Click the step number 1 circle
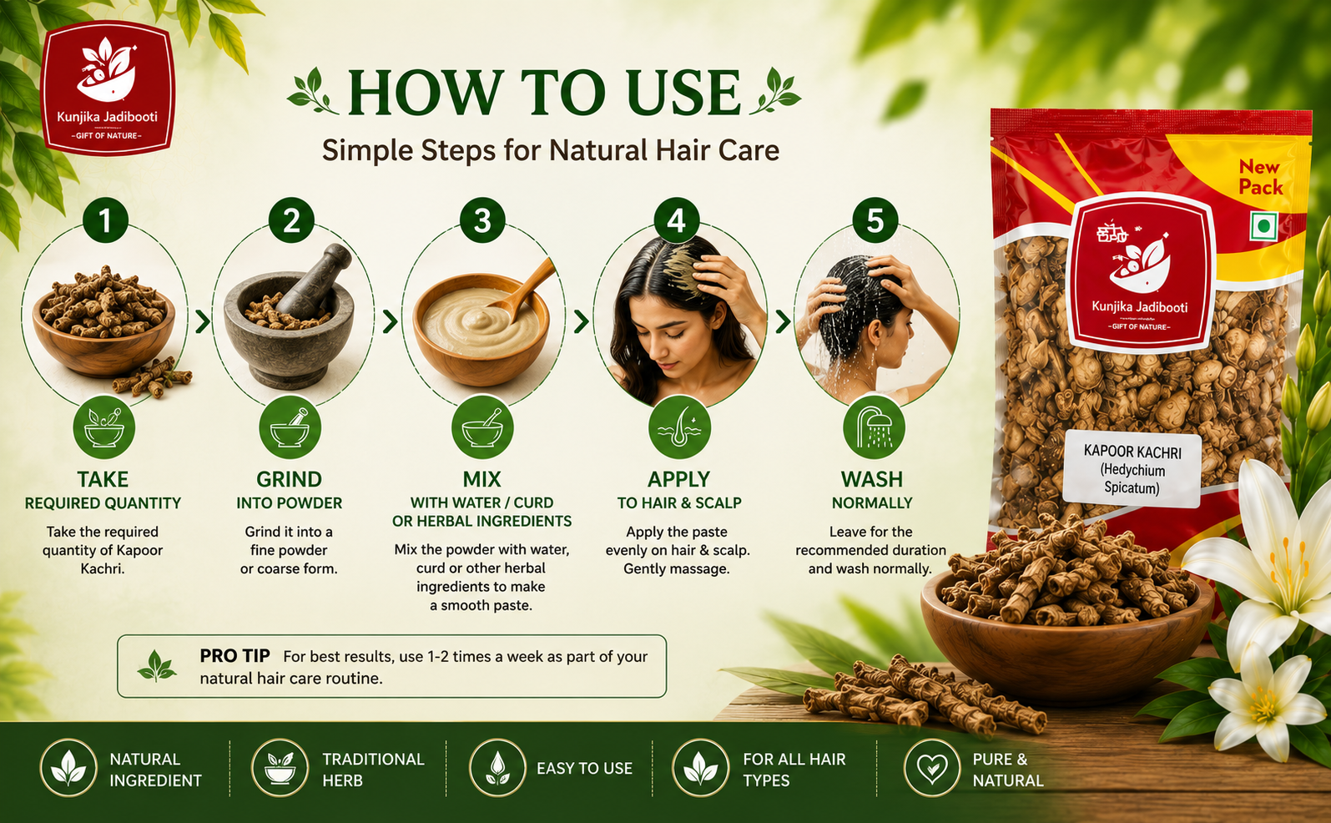coord(105,220)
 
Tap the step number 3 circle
coord(482,220)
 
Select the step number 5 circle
coord(875,220)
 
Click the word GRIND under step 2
coord(289,479)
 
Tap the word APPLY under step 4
coord(678,479)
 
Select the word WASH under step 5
coord(872,479)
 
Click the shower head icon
coord(874,428)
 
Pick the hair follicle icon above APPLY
coord(679,428)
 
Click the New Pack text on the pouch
coord(1260,177)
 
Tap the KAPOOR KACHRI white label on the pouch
coord(1132,469)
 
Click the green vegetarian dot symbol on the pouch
coord(1263,226)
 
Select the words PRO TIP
coord(234,655)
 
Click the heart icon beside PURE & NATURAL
coord(931,768)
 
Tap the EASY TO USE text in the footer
coord(584,769)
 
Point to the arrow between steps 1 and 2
coord(203,321)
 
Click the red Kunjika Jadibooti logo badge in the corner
coord(108,88)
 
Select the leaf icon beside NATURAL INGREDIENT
coord(68,768)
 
